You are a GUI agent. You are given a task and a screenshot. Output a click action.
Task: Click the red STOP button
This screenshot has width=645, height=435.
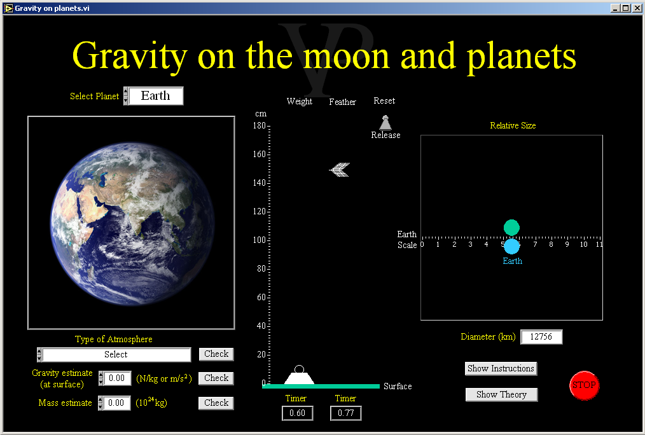click(x=584, y=385)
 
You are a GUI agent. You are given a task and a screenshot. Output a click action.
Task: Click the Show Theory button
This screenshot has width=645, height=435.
click(x=501, y=395)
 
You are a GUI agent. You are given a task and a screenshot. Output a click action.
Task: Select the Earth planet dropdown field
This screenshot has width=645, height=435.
click(x=156, y=96)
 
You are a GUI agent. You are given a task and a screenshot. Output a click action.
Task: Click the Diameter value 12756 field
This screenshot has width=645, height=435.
click(x=541, y=336)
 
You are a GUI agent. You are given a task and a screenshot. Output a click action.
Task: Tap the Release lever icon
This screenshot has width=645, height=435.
click(x=385, y=123)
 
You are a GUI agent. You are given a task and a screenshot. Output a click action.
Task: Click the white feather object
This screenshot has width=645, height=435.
click(x=340, y=169)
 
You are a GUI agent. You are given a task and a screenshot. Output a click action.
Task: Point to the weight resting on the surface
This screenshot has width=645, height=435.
click(x=300, y=375)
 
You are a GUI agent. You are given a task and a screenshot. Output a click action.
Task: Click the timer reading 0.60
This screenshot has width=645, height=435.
click(x=298, y=413)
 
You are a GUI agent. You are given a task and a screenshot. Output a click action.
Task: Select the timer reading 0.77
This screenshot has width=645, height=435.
click(x=346, y=413)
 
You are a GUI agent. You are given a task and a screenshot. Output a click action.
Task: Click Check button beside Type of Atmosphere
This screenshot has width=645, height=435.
click(x=216, y=354)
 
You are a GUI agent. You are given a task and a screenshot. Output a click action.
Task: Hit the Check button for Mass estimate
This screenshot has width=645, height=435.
click(x=216, y=403)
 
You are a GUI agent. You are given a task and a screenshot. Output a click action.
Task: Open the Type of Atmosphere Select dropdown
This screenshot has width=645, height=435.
click(x=116, y=354)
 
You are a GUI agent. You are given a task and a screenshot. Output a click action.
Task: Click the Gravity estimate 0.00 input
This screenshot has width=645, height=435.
click(x=117, y=378)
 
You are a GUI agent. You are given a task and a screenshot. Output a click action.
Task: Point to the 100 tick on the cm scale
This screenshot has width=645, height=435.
click(x=269, y=240)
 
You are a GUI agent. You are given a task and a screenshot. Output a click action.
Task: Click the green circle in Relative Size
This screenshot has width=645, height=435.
click(x=511, y=228)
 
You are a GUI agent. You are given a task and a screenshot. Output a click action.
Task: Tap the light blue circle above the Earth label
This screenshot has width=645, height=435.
click(x=511, y=246)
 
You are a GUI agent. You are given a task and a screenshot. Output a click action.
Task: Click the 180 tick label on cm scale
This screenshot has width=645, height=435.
click(x=259, y=126)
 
